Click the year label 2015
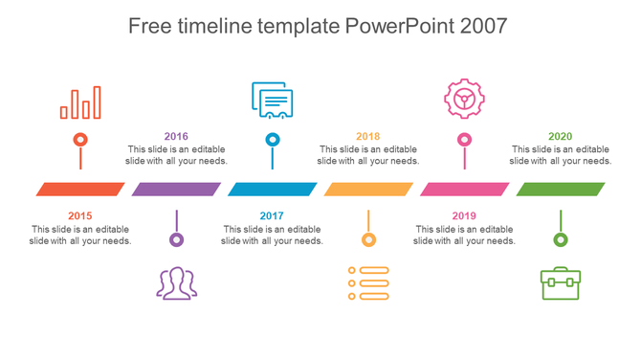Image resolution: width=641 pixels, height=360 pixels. coord(80,216)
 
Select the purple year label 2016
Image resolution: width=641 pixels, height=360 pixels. coord(176,136)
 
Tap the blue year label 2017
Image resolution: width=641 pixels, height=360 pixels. coord(273,216)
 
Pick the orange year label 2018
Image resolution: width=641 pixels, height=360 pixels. coord(368,136)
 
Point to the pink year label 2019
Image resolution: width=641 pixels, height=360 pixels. coord(464,216)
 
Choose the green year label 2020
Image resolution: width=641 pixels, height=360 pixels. coord(561,136)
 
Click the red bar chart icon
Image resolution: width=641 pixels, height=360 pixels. coord(80,101)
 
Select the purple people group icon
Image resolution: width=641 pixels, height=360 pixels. coord(177,282)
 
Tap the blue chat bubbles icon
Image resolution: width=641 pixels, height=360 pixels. coord(273,100)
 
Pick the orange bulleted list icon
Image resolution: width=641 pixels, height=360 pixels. coord(368,283)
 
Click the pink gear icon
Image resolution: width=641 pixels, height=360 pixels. coord(464,98)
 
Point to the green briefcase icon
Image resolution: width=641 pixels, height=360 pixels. coord(561,283)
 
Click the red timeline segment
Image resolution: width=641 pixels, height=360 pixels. coord(80,189)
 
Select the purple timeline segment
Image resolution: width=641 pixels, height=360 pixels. coord(176,189)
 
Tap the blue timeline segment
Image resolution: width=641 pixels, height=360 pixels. coord(273,189)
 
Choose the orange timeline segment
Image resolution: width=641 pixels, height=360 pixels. coord(368,189)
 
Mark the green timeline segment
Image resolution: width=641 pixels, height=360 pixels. coord(561,189)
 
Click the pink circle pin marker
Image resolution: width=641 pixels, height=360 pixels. coord(464,140)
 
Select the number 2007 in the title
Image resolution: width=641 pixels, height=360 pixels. coord(483,26)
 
